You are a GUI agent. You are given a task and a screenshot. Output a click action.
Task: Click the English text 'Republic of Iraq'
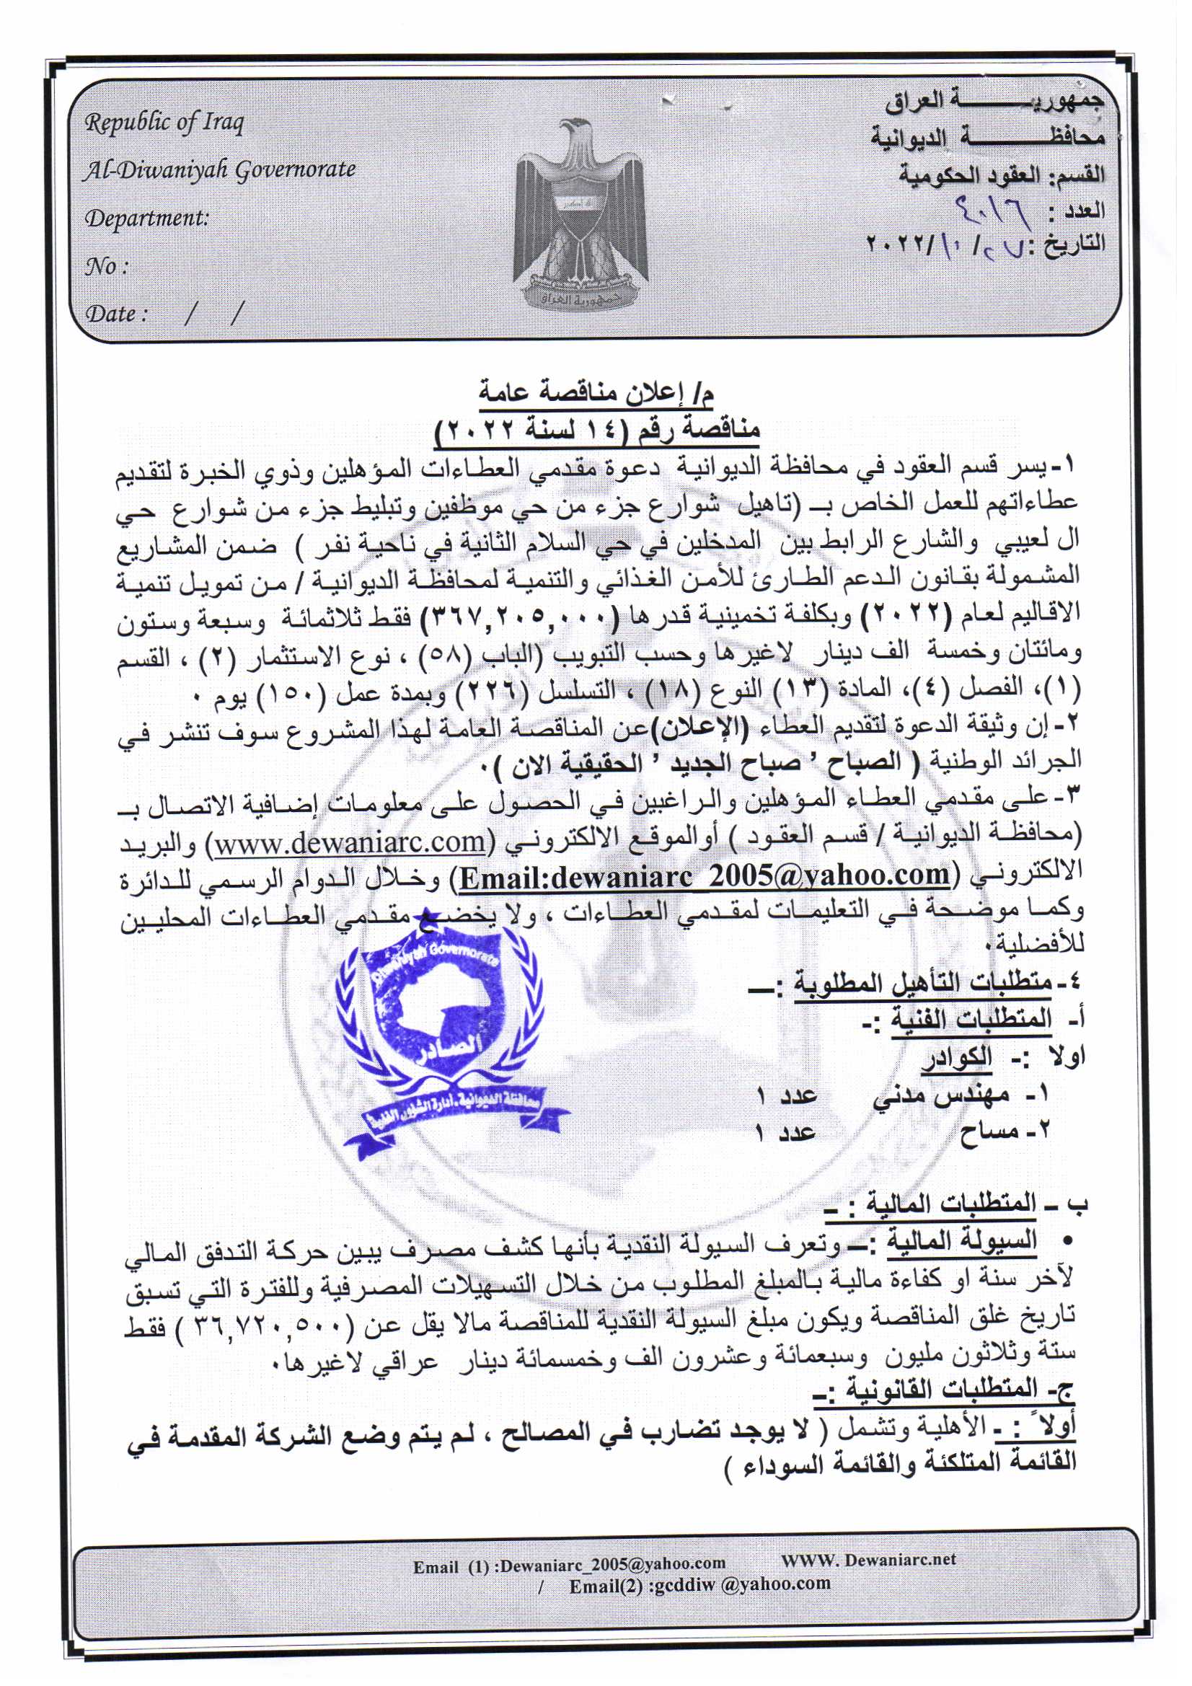coord(163,123)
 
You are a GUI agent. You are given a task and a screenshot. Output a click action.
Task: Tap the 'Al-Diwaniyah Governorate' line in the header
coord(219,170)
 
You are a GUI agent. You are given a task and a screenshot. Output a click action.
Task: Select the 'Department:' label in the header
coord(146,218)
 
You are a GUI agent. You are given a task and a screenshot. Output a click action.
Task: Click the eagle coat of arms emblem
coord(582,213)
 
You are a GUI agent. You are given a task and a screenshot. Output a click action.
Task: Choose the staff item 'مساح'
coord(988,1131)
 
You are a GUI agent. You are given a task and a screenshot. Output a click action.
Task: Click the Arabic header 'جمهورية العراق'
coord(993,103)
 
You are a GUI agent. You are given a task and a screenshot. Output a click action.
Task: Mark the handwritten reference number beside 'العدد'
coord(989,213)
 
